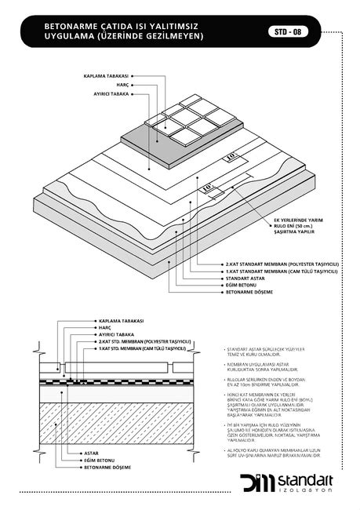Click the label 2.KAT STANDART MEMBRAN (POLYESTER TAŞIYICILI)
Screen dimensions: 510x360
click(280, 264)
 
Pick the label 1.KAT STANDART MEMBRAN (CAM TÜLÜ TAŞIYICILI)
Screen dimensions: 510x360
click(280, 271)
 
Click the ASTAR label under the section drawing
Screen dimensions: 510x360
click(92, 453)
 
